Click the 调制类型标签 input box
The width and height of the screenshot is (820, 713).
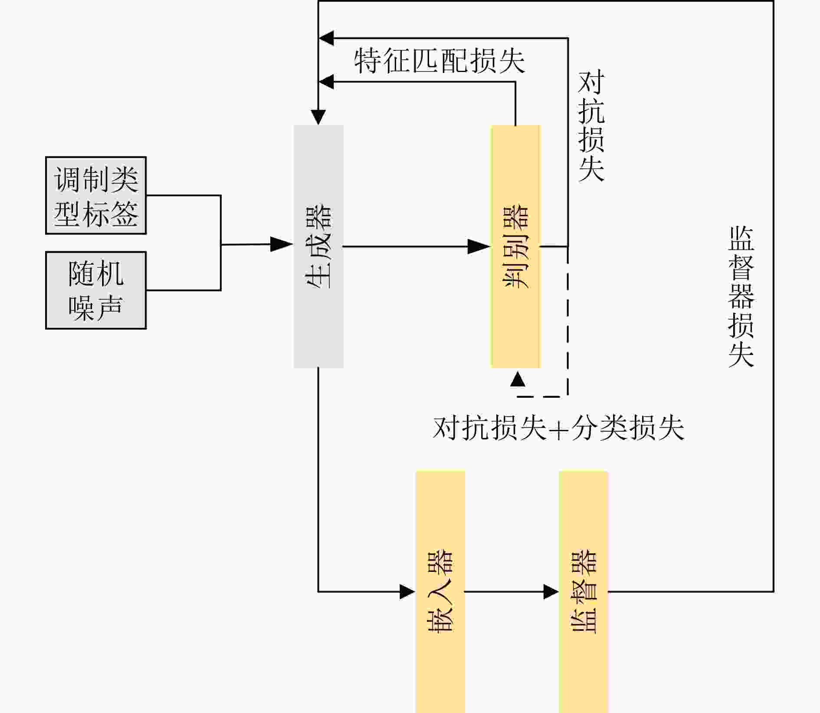point(96,195)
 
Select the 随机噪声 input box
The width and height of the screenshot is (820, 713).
point(96,290)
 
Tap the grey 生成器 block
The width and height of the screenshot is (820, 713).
point(318,246)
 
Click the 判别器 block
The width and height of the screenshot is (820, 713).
point(515,246)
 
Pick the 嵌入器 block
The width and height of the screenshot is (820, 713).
point(440,591)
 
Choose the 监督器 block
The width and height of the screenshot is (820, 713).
point(583,591)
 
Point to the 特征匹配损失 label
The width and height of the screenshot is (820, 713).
point(439,60)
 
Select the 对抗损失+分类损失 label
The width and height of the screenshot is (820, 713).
point(558,428)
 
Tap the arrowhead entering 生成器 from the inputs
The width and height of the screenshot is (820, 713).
point(281,244)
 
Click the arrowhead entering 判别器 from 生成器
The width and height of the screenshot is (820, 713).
point(479,246)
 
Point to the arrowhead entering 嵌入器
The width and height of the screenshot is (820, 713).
point(407,591)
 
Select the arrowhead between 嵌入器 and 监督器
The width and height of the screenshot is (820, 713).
point(551,591)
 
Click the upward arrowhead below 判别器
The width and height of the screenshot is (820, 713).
point(518,379)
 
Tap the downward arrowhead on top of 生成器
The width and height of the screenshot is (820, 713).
point(318,117)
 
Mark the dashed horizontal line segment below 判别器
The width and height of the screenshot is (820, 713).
point(542,396)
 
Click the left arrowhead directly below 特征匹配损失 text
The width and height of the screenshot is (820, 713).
point(326,81)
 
